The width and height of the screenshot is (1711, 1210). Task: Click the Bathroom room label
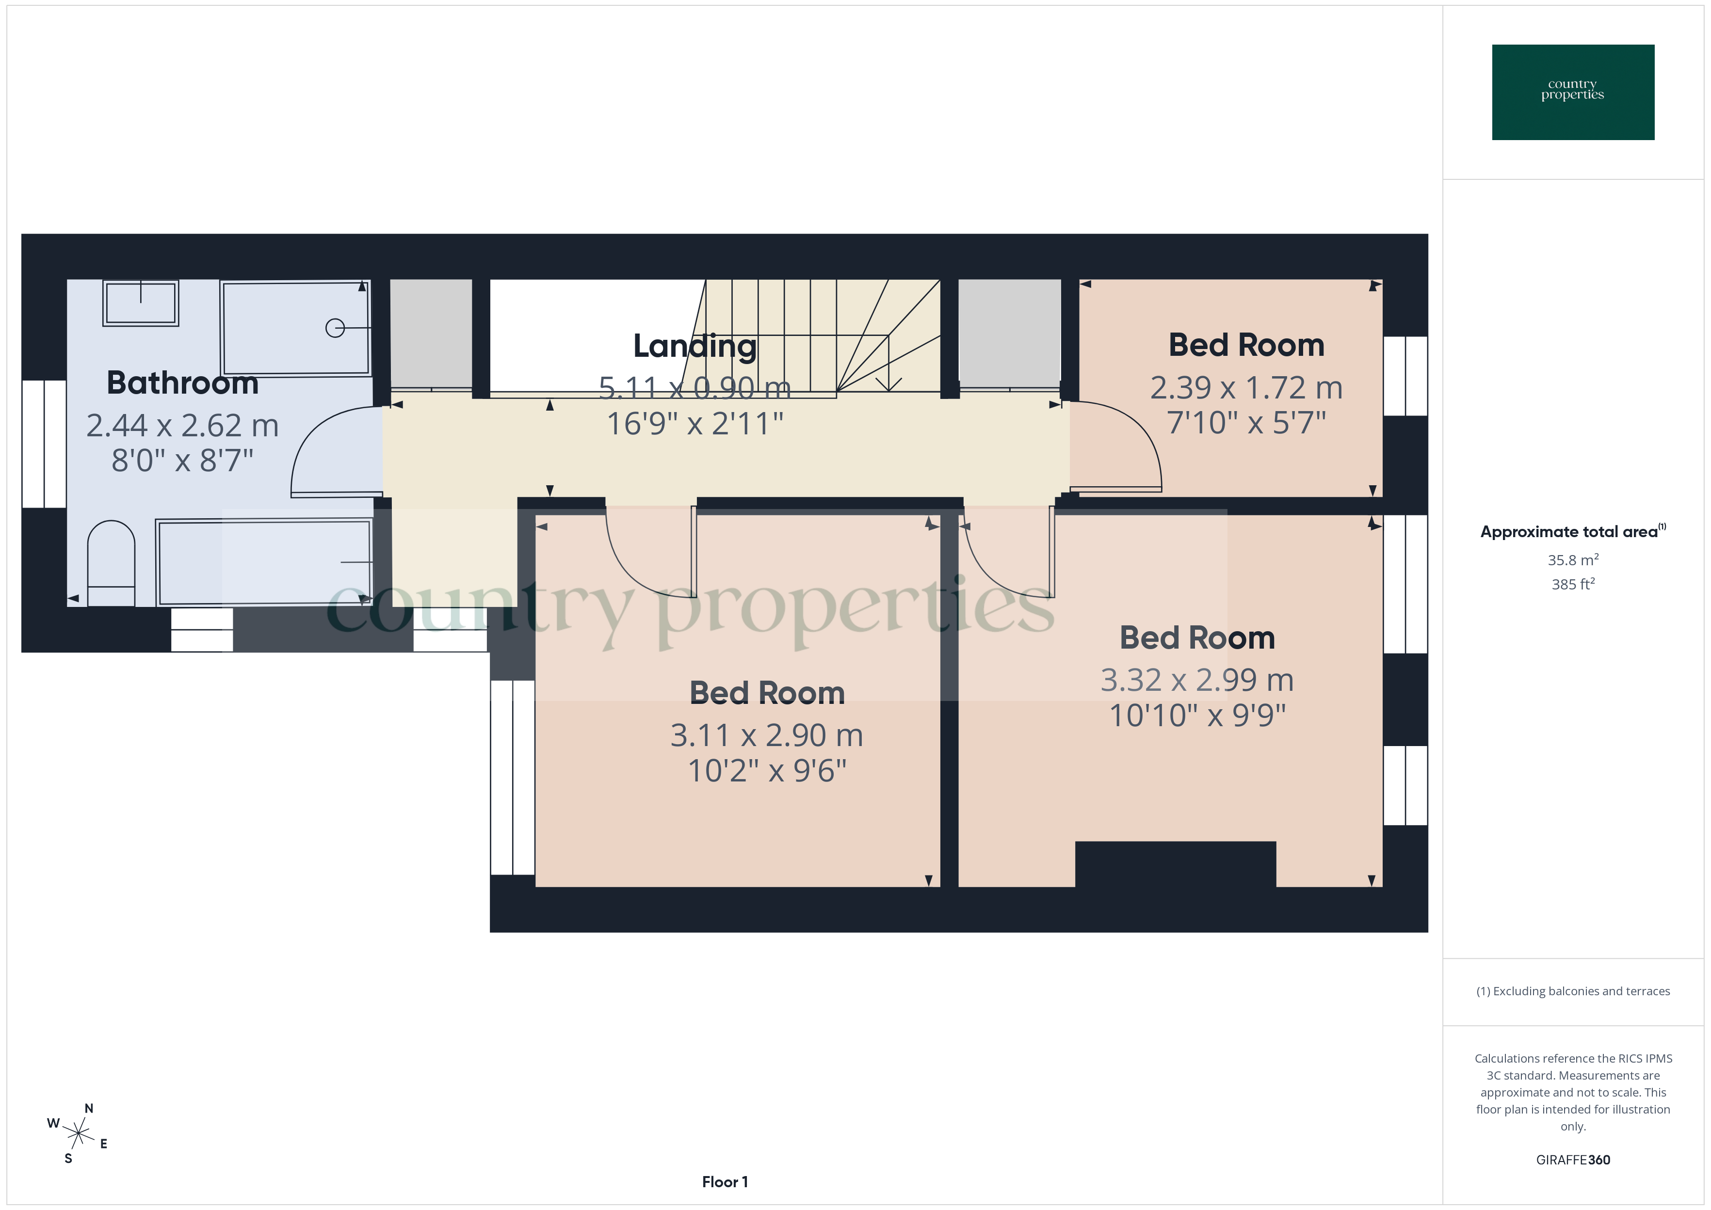pyautogui.click(x=182, y=383)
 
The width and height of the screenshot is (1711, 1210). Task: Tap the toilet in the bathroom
pyautogui.click(x=111, y=560)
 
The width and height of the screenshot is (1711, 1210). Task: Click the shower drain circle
pyautogui.click(x=335, y=328)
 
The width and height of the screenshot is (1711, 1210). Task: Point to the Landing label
pyautogui.click(x=694, y=346)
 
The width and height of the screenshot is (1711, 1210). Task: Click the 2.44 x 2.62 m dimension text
pyautogui.click(x=182, y=426)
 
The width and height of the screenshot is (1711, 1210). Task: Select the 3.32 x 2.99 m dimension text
pyautogui.click(x=1197, y=680)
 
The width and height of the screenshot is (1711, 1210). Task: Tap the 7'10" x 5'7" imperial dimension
pyautogui.click(x=1246, y=422)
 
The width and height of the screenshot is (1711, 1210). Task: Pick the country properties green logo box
pyautogui.click(x=1572, y=93)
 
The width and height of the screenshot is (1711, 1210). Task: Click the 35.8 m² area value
pyautogui.click(x=1572, y=559)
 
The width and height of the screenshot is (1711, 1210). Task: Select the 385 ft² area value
pyautogui.click(x=1572, y=584)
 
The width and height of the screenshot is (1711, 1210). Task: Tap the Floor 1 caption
pyautogui.click(x=725, y=1182)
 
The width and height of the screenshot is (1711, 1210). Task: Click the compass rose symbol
pyautogui.click(x=78, y=1134)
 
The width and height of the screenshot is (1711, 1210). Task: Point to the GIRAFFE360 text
pyautogui.click(x=1572, y=1159)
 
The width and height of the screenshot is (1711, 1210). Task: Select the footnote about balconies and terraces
pyautogui.click(x=1572, y=991)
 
